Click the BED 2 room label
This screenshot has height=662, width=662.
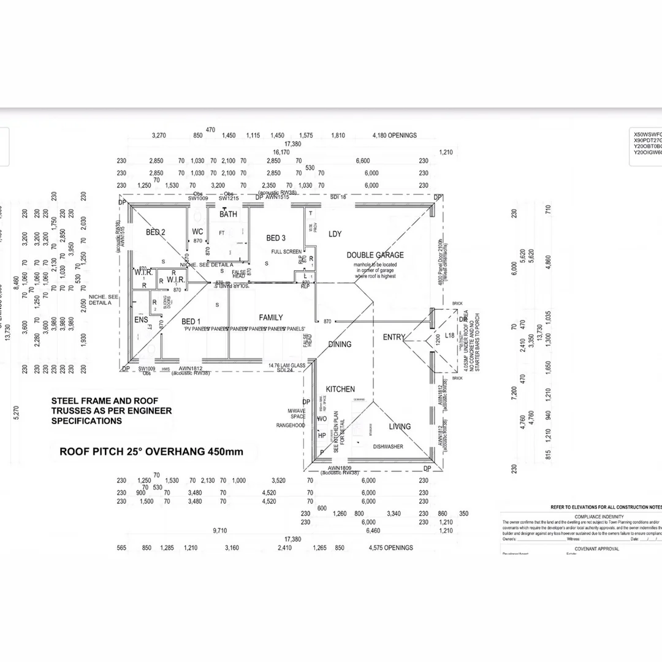155,232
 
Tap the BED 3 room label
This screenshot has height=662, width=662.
276,238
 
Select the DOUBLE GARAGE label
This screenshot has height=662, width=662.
375,255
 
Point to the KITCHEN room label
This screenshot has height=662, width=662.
340,389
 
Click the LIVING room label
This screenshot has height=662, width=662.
400,427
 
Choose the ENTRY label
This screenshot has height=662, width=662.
394,337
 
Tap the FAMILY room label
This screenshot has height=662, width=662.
271,318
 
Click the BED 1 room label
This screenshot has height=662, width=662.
190,321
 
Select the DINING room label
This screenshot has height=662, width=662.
340,344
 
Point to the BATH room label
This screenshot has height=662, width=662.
228,215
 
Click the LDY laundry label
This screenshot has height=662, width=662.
335,234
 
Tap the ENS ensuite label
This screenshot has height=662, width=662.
141,320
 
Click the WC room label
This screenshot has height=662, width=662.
197,232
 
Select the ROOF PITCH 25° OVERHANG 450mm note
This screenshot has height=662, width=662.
151,452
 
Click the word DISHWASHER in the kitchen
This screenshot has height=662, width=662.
388,447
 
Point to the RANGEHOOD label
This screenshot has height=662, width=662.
291,425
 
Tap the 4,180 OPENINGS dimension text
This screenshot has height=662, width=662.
394,135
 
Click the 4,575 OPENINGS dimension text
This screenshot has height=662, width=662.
391,548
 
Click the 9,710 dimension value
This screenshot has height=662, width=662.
220,531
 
